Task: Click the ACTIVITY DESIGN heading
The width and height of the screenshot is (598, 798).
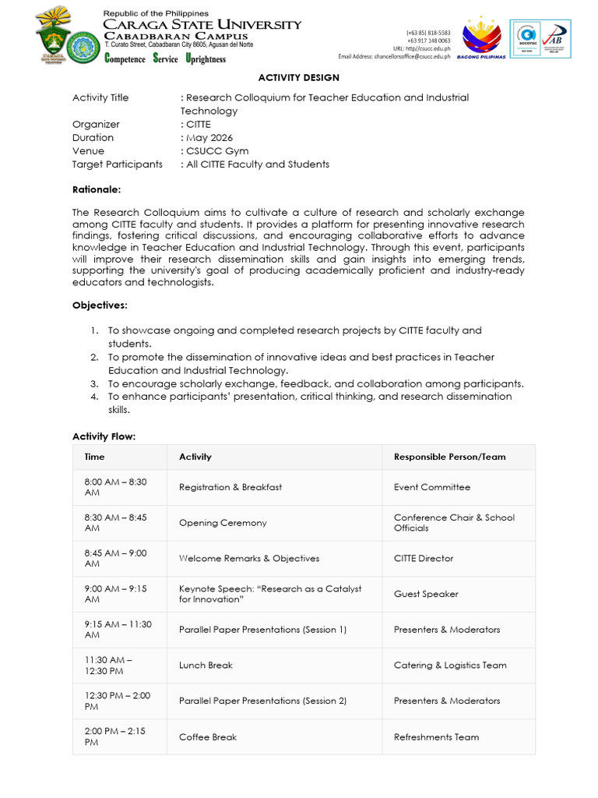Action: click(x=299, y=78)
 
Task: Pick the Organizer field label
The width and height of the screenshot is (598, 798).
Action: click(x=96, y=125)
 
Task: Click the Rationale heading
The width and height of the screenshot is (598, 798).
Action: click(x=97, y=189)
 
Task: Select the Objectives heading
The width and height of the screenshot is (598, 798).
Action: click(x=100, y=305)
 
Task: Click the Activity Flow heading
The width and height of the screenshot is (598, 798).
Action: click(x=104, y=436)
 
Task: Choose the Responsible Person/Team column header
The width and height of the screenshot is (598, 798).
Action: click(x=449, y=457)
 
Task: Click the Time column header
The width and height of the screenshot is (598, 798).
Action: click(x=94, y=457)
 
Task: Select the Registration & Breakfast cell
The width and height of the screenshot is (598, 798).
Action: click(x=230, y=487)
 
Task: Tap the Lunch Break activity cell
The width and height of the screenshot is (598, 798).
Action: click(x=206, y=666)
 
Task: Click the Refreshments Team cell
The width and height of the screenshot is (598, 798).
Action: click(x=436, y=737)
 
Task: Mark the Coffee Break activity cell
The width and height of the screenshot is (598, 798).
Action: click(x=208, y=737)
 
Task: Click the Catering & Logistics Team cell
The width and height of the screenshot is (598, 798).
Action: click(x=450, y=666)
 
